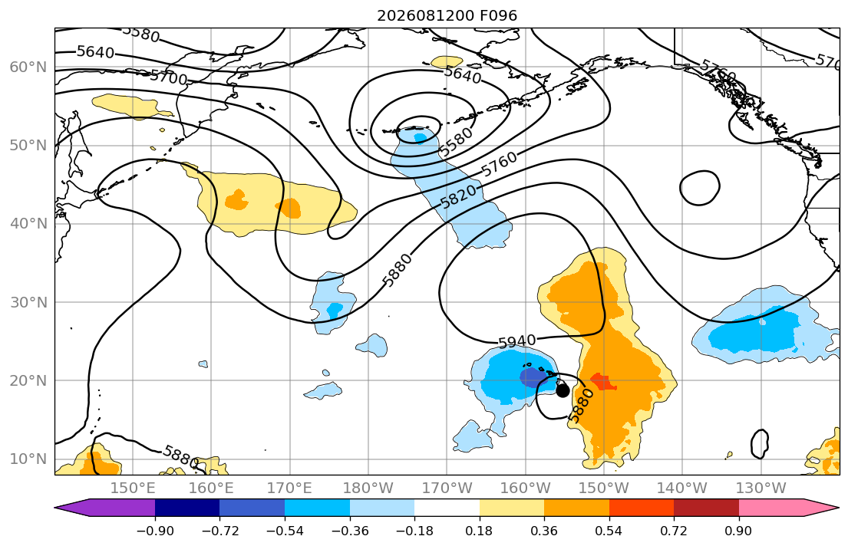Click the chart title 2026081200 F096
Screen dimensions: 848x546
click(x=447, y=15)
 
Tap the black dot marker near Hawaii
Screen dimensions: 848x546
click(x=563, y=390)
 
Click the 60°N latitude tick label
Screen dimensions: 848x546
click(x=28, y=67)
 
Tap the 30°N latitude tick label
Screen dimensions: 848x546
click(x=28, y=302)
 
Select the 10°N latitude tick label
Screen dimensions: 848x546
click(x=28, y=459)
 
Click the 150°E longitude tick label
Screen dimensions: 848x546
click(x=133, y=488)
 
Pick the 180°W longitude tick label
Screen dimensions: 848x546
click(x=368, y=488)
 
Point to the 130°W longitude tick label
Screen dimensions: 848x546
click(x=761, y=488)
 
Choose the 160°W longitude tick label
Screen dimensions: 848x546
click(x=525, y=488)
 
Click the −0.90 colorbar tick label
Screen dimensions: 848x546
click(x=155, y=531)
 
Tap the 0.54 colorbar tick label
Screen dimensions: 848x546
click(x=609, y=531)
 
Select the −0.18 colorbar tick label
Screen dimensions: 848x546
click(x=414, y=531)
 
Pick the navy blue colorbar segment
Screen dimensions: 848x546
click(x=187, y=508)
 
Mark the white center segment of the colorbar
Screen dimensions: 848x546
click(x=447, y=508)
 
